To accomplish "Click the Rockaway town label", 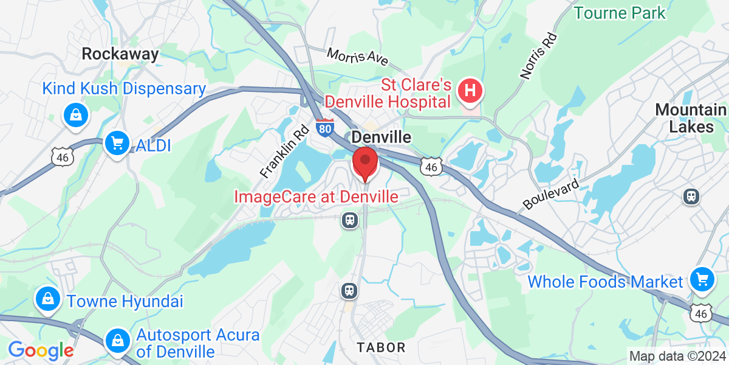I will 120,54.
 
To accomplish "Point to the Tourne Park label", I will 619,12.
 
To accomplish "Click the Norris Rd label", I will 539,56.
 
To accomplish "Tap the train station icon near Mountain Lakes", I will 691,196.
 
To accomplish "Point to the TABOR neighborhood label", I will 381,347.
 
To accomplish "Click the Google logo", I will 40,350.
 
